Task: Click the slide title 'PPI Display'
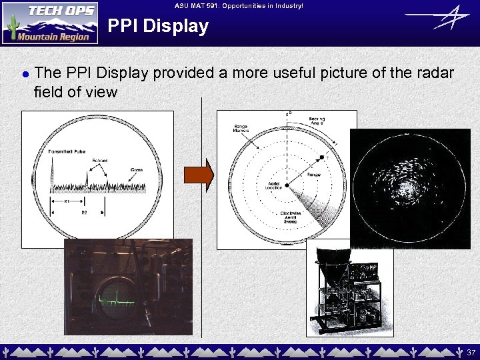158,27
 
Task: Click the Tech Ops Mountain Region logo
50,23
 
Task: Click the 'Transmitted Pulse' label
66,152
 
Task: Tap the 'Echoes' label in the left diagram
100,161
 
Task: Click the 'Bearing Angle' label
317,123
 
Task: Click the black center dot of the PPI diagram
287,185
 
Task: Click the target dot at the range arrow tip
321,157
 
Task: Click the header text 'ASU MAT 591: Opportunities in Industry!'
239,5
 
